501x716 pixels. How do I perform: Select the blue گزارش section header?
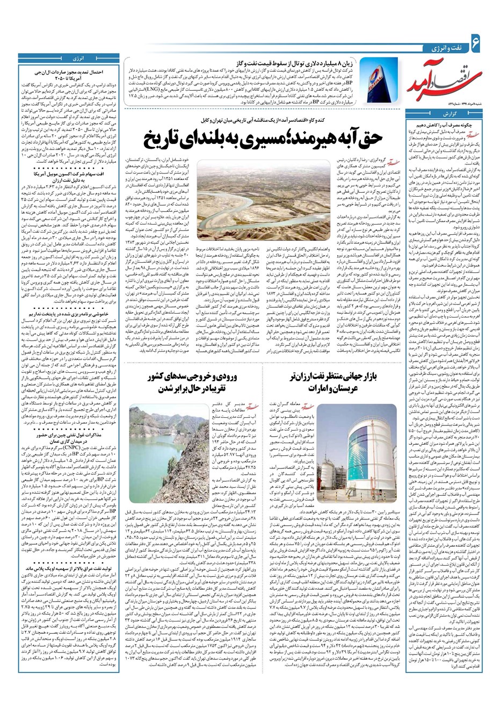pos(451,114)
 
